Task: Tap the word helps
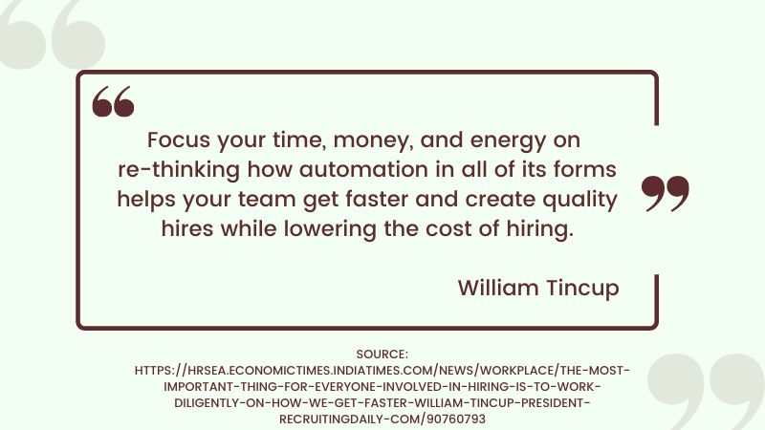point(147,201)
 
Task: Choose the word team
point(277,201)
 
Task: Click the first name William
point(497,288)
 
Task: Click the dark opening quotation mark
point(113,101)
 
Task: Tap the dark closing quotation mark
point(665,193)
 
